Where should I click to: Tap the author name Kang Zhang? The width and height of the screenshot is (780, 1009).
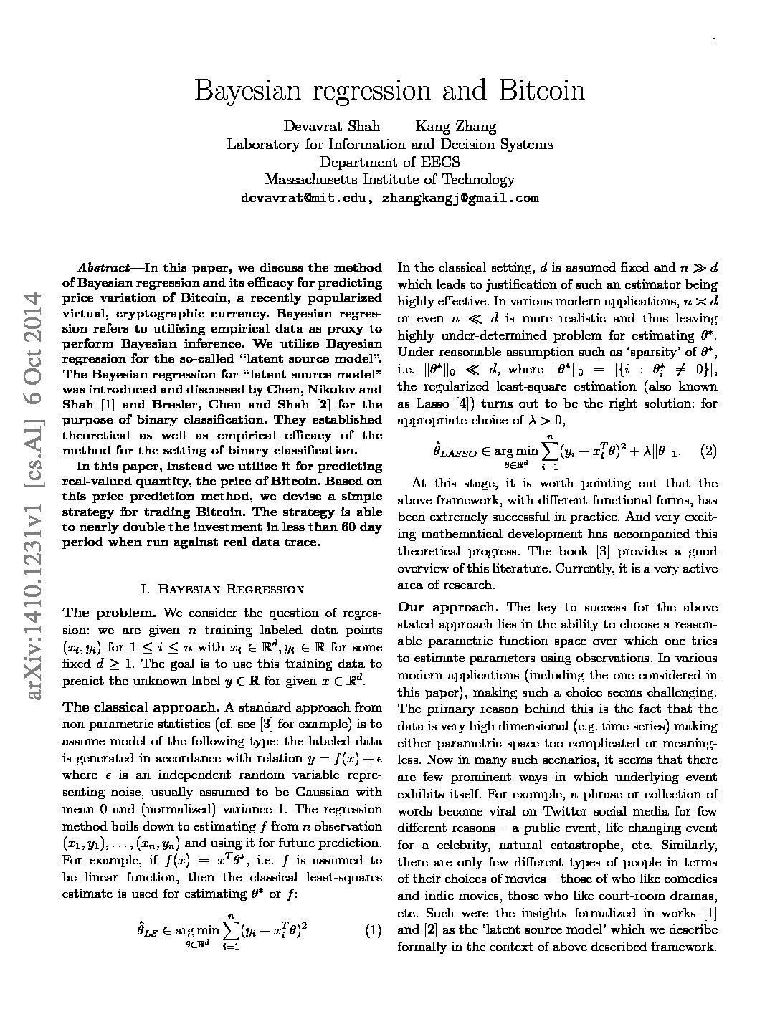pos(456,127)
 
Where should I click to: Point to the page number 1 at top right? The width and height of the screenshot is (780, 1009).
pos(715,42)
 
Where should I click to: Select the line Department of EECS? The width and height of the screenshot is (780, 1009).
pos(390,162)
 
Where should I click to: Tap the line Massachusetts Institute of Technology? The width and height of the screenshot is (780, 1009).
pos(390,180)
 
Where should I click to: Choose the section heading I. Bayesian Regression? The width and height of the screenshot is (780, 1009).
pos(222,589)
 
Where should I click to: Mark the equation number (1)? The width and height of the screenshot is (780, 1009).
pos(373,931)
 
